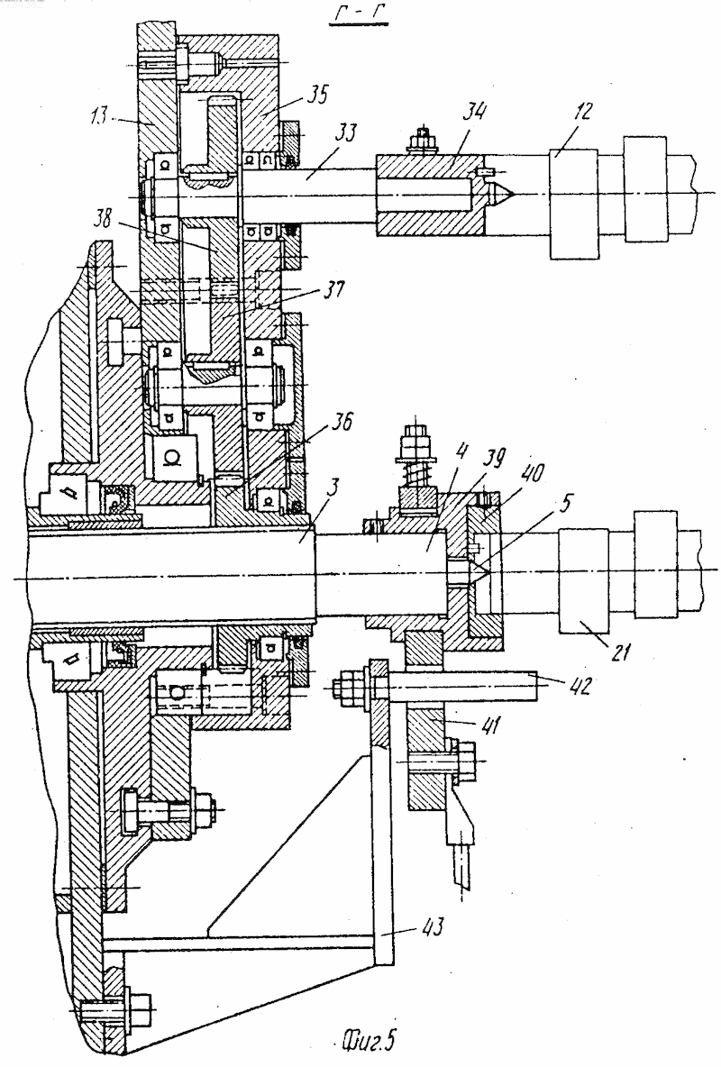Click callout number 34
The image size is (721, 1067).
point(473,111)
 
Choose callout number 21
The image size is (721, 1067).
point(619,654)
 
